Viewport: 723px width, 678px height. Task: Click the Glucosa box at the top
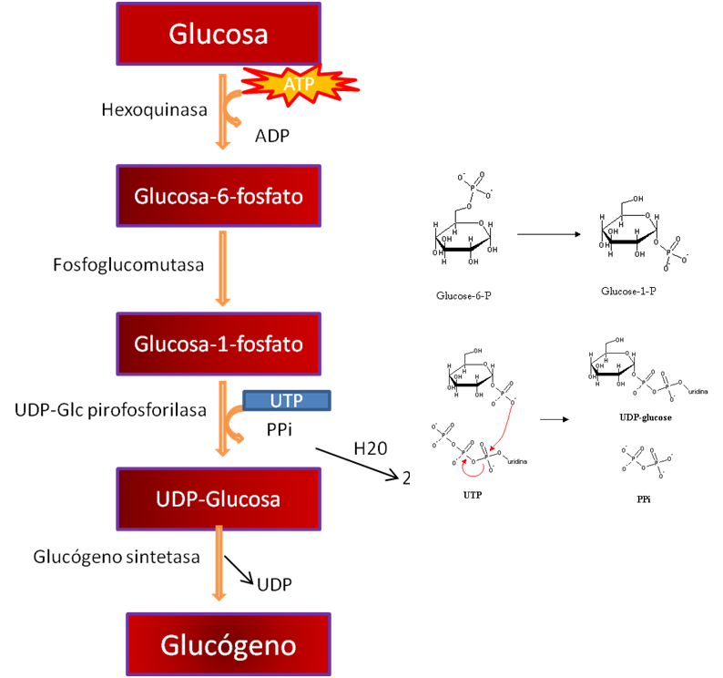219,35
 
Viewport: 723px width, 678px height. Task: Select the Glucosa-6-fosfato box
219,196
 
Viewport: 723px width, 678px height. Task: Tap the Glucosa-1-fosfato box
219,344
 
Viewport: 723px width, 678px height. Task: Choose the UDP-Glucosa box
219,499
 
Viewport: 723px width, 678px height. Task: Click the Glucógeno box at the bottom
229,645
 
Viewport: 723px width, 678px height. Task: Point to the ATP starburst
300,85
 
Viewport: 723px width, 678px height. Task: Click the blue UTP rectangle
286,399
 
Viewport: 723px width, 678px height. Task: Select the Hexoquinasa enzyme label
154,110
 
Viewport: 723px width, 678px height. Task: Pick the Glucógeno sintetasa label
116,557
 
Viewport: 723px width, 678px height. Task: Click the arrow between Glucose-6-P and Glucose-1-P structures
549,234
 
